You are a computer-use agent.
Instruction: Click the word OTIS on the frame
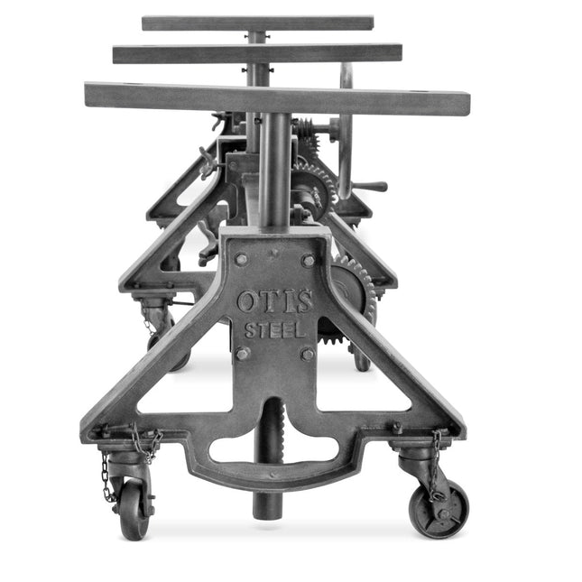click(275, 300)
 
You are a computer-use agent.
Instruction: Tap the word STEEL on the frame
click(275, 330)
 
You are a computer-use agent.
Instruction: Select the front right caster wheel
click(439, 509)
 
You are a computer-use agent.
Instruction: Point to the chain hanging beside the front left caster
click(107, 476)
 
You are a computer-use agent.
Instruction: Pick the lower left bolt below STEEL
click(242, 354)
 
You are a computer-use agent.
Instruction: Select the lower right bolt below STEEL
click(308, 354)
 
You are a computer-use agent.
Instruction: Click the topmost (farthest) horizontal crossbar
click(257, 23)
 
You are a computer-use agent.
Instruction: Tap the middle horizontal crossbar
click(257, 53)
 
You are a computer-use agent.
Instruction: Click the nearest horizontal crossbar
click(275, 98)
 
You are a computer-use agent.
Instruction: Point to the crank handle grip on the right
click(372, 188)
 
